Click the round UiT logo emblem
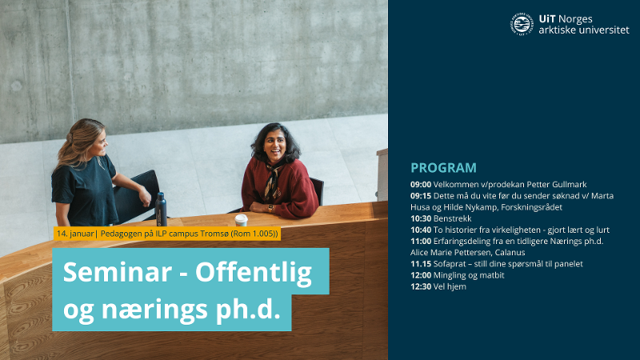522,24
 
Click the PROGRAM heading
443,168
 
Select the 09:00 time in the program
421,184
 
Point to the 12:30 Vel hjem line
438,286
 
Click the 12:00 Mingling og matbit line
458,275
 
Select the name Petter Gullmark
537,184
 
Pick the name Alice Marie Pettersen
446,253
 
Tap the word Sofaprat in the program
449,264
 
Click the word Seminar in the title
114,273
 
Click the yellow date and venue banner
166,234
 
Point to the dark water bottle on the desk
161,209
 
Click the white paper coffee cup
241,219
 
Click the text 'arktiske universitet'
584,30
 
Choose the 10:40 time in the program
421,230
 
